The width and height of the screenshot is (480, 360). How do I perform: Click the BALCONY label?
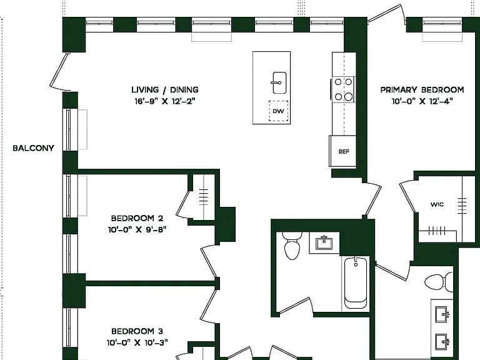[x=33, y=148]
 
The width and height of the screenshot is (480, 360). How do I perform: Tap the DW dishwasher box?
[x=278, y=111]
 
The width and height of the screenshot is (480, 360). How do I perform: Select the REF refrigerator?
[x=343, y=151]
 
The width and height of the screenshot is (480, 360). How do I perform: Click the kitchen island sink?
[x=279, y=83]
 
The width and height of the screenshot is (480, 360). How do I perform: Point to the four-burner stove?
[x=343, y=89]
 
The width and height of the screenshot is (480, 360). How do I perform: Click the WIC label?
[x=437, y=204]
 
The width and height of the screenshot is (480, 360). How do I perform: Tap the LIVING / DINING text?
[x=165, y=90]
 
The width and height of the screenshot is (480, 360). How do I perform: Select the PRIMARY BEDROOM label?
[x=422, y=90]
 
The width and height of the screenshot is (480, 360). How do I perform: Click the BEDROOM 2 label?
[x=137, y=218]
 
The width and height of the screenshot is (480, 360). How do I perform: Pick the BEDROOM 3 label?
[x=137, y=331]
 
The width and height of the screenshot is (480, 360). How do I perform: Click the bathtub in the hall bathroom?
[x=356, y=283]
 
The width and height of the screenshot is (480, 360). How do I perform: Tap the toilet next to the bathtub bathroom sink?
[x=292, y=246]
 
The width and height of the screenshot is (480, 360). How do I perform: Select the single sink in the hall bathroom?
[x=324, y=243]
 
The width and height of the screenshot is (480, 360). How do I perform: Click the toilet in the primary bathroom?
[x=438, y=282]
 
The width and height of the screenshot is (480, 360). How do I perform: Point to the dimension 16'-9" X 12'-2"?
[x=165, y=101]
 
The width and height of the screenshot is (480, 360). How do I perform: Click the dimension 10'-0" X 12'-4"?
[x=422, y=101]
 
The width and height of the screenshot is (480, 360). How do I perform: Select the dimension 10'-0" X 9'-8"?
[x=137, y=229]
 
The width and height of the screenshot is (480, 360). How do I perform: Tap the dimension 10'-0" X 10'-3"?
[x=137, y=342]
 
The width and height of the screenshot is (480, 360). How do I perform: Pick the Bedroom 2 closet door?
[x=182, y=203]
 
